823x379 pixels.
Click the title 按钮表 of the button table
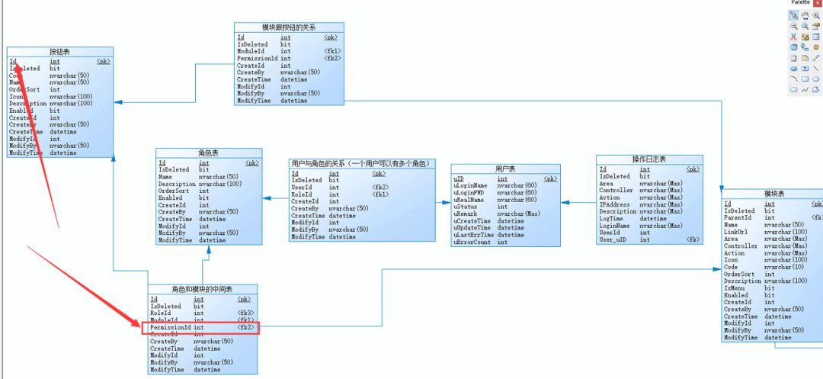pos(59,52)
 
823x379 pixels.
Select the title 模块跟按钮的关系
pos(288,27)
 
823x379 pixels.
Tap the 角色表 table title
pos(208,153)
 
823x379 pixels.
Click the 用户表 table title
pos(506,169)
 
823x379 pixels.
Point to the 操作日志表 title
pos(649,159)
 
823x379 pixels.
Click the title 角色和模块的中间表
pos(203,290)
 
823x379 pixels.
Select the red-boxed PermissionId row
pos(200,327)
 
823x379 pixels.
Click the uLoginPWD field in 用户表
pos(470,192)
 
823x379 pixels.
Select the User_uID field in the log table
pos(613,239)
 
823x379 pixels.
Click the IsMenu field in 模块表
pos(734,288)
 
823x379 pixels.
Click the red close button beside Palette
pos(818,3)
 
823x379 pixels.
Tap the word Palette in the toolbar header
pos(800,3)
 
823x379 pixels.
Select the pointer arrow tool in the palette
pos(794,15)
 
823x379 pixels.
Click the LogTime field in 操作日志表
pos(612,219)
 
